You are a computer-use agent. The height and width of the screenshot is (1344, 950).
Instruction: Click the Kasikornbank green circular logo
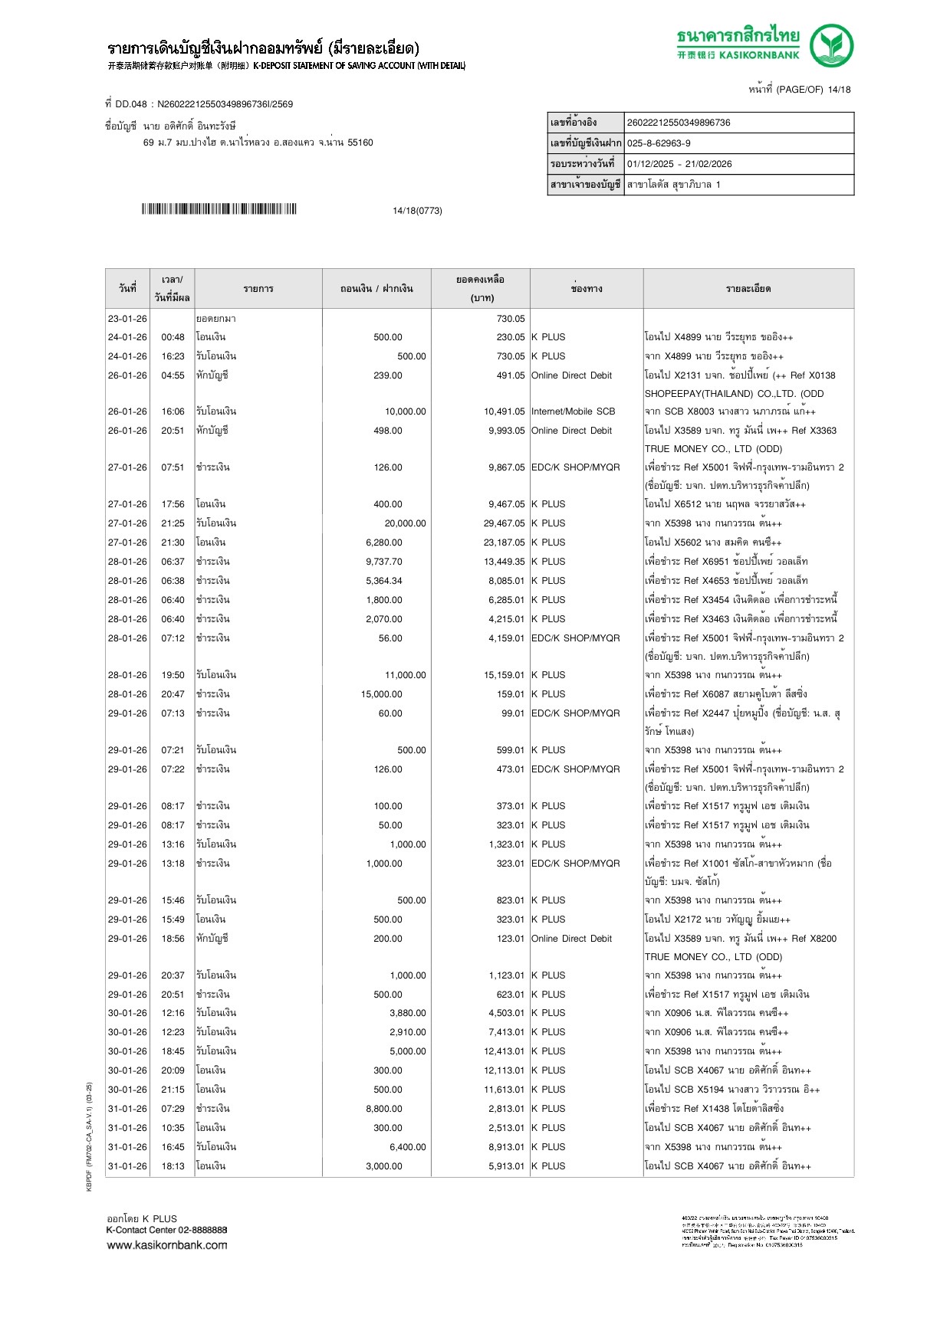[x=831, y=45]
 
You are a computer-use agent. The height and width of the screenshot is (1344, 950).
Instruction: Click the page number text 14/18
[x=839, y=90]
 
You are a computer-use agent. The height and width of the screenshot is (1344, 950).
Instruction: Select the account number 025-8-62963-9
[x=659, y=143]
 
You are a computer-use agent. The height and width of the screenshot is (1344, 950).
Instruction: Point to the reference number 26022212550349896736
[x=679, y=123]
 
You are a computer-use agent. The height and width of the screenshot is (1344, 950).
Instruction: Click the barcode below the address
[x=219, y=209]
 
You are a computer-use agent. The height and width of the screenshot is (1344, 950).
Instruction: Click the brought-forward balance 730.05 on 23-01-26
[x=510, y=319]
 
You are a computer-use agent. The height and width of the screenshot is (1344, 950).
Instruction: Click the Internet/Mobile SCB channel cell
[x=573, y=411]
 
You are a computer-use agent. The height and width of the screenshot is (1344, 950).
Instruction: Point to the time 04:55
[x=173, y=375]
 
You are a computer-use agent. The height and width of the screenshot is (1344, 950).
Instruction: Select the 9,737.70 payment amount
[x=383, y=562]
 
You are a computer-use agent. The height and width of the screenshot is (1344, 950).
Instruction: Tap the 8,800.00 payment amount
[x=383, y=1109]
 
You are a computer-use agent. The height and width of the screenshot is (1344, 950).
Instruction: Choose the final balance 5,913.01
[x=506, y=1166]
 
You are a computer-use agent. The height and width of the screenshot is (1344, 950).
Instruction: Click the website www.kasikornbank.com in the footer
[x=167, y=1245]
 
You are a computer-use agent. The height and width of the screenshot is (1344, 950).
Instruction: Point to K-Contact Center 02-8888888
[x=166, y=1230]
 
